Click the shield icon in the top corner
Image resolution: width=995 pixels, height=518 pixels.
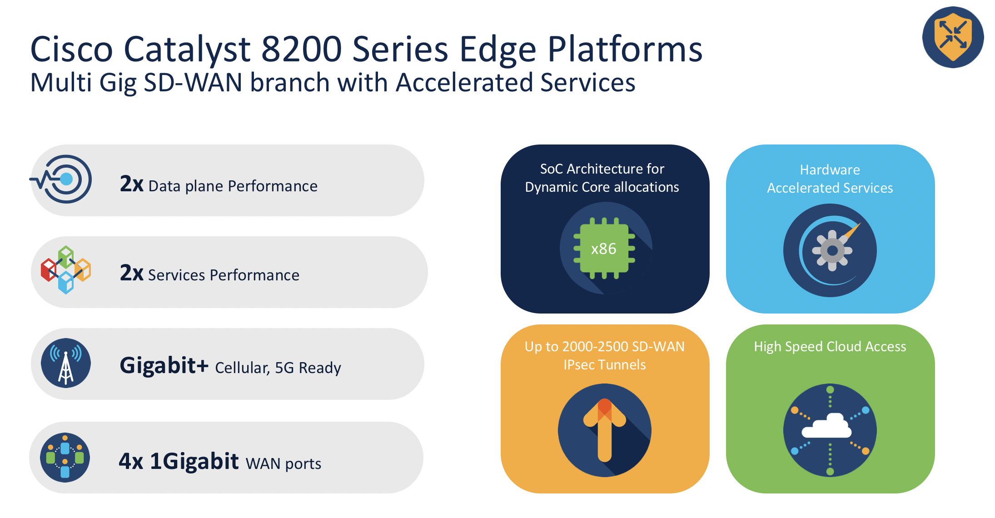coord(953,37)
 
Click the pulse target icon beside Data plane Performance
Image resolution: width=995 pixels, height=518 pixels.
coord(64,179)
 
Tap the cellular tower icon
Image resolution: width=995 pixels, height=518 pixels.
coord(66,363)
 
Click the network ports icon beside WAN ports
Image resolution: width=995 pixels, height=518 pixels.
coord(65,458)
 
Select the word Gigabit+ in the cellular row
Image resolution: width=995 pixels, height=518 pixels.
coord(164,366)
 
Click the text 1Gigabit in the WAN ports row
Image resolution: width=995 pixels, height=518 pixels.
coord(194,462)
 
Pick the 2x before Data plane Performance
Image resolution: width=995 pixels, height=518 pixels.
coord(131,184)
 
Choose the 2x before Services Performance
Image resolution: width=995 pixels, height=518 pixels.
coord(131,273)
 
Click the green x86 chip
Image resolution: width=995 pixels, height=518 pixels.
coord(604,249)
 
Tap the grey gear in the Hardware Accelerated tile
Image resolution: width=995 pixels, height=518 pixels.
coord(832,250)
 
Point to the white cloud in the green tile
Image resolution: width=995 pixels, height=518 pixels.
coord(827,427)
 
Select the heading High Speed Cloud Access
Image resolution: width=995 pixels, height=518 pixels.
coord(830,347)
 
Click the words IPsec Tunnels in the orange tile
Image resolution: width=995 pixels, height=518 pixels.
coord(604,365)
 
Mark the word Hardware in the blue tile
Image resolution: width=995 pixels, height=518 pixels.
coord(830,170)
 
